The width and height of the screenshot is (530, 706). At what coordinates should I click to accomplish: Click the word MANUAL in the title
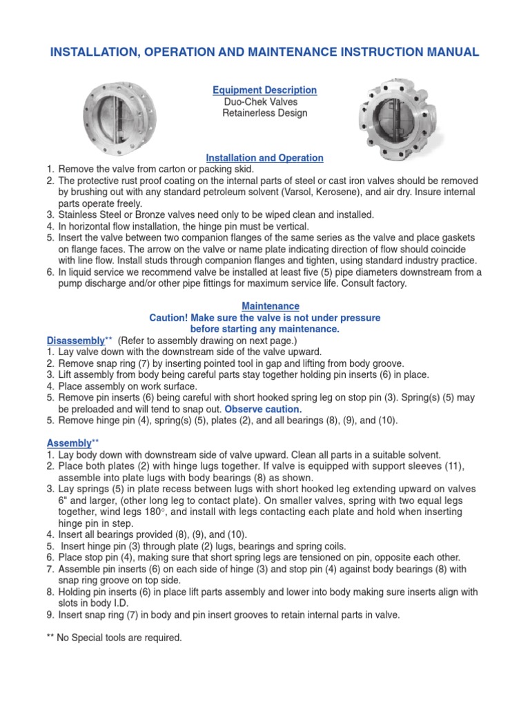point(449,52)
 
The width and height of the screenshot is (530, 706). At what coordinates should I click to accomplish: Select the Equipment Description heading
point(264,90)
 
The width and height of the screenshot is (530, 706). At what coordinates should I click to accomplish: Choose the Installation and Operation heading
point(266,158)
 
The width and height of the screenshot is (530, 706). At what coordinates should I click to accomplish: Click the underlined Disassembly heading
point(75,341)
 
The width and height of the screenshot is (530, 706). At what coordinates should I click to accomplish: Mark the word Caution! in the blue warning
point(170,318)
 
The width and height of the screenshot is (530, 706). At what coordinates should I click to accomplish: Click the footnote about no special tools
point(115,638)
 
